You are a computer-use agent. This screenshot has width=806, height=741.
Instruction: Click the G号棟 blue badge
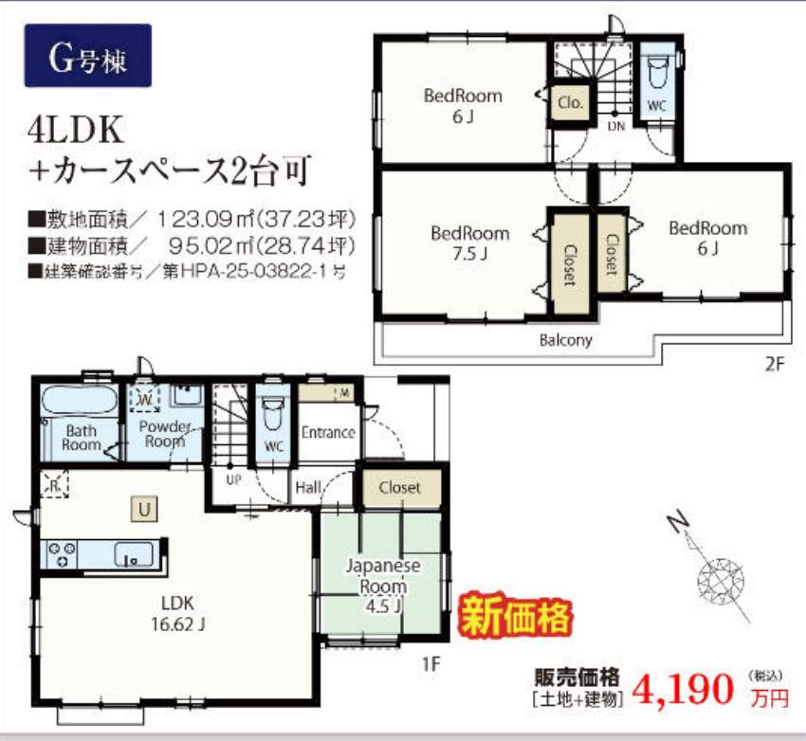(x=88, y=56)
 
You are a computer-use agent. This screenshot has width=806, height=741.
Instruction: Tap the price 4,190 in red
(x=683, y=690)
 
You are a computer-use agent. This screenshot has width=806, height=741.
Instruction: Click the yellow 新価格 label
(x=516, y=616)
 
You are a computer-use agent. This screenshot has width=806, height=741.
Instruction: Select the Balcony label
(x=565, y=340)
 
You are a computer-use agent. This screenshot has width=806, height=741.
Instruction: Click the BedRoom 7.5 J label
(x=469, y=243)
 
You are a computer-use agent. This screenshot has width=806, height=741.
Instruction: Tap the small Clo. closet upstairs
(x=570, y=102)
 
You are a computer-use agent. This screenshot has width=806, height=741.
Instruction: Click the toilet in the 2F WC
(x=656, y=74)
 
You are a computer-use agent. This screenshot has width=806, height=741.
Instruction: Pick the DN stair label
(x=615, y=126)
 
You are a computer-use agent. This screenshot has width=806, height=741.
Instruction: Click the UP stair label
(x=233, y=479)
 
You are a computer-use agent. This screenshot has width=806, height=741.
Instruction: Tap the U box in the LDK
(x=144, y=510)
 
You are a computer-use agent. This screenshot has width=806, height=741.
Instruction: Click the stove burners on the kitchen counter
(x=62, y=553)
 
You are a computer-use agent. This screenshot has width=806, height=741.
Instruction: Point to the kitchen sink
(x=133, y=554)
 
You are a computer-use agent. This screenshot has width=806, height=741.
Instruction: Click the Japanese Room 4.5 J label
(x=383, y=586)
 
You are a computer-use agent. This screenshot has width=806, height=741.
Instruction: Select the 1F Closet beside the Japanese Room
(x=401, y=488)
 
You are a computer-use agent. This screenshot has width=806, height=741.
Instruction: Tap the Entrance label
(x=328, y=432)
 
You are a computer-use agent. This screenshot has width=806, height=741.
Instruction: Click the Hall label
(x=308, y=487)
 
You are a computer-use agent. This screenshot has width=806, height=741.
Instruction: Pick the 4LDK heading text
(x=76, y=130)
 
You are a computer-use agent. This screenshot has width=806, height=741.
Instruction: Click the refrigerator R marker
(x=53, y=483)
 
